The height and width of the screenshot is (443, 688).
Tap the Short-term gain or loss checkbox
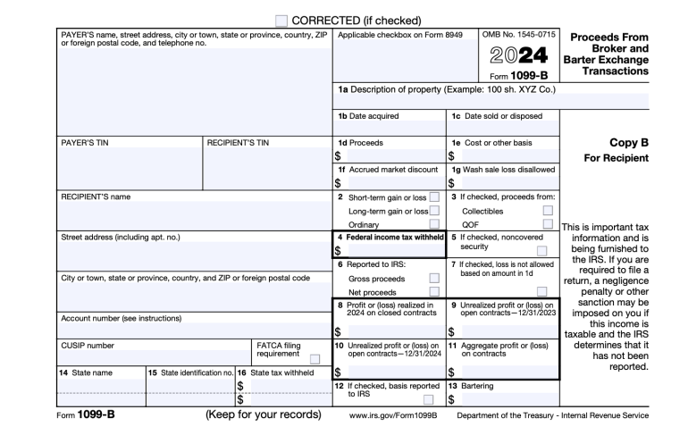[434, 196]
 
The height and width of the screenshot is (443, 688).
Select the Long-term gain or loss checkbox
[434, 211]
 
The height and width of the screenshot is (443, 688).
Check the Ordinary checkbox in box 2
[434, 225]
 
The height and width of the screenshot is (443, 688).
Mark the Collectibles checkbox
[548, 211]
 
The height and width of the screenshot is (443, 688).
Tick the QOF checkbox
[548, 225]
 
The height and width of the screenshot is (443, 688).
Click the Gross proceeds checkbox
[434, 278]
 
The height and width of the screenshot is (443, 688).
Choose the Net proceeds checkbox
[434, 292]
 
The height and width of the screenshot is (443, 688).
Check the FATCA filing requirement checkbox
[315, 359]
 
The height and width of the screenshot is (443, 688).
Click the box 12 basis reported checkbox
[428, 399]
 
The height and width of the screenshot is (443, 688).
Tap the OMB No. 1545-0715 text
[517, 34]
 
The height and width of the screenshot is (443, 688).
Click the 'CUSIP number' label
[88, 344]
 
